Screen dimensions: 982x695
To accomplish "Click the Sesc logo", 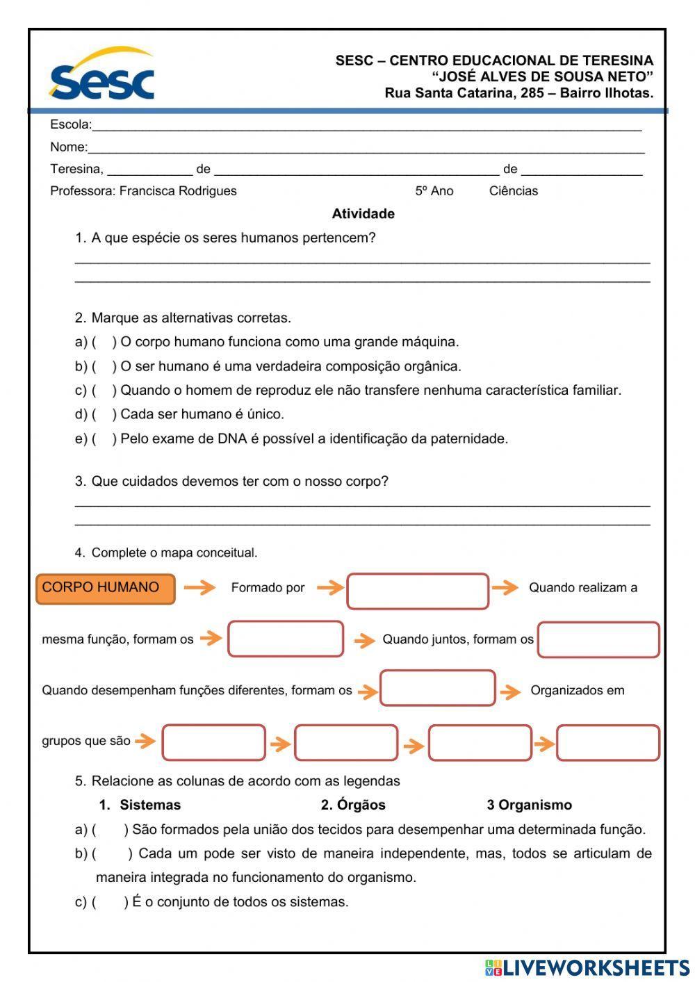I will click(x=101, y=75).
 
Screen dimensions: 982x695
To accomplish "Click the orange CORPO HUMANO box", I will click(x=105, y=589).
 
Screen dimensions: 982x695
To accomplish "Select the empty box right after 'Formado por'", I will click(x=418, y=591).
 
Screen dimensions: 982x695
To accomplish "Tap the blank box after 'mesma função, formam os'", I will click(x=286, y=639).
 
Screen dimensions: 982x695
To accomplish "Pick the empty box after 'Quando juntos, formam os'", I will click(x=598, y=640).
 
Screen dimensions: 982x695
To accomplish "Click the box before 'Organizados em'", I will click(x=438, y=688).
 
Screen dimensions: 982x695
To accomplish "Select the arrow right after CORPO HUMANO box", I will click(x=200, y=588).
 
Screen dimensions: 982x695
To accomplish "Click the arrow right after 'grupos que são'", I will click(x=145, y=741).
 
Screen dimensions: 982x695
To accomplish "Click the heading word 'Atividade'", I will click(x=363, y=214).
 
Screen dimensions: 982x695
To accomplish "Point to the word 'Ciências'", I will click(x=513, y=191).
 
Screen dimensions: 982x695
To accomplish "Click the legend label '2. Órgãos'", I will click(x=353, y=805).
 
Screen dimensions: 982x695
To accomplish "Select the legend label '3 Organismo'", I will click(x=529, y=805).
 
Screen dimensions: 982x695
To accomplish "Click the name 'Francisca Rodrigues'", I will click(x=178, y=191).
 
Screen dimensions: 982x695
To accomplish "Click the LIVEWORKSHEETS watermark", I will click(x=587, y=967).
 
